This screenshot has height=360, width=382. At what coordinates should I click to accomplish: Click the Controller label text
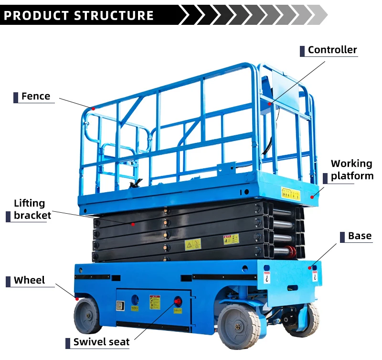coord(332,50)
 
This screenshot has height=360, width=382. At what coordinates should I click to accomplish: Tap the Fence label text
coord(36,96)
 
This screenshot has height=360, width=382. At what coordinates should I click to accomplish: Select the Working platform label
coord(351,170)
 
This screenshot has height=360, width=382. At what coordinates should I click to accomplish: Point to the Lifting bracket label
coord(32,209)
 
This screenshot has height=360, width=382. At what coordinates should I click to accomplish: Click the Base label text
coord(360,236)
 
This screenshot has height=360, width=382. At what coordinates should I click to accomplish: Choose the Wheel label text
coord(29,280)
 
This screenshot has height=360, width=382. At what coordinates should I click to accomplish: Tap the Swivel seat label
coord(101,342)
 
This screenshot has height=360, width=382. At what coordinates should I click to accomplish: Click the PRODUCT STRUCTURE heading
coord(79,15)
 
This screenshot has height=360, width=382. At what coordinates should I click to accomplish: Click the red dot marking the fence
coord(94,109)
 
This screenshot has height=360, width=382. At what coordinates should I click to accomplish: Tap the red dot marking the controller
coord(270,103)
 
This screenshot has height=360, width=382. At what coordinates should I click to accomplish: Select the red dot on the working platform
coord(312,196)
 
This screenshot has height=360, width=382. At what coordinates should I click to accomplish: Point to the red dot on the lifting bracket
coord(134,223)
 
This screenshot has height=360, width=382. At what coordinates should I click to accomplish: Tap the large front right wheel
coord(239,326)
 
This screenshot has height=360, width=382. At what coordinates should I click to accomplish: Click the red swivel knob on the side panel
coord(178,301)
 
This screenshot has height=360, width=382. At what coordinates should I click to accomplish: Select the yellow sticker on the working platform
coord(290,194)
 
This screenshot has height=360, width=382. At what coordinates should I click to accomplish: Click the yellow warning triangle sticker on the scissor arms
coord(192,244)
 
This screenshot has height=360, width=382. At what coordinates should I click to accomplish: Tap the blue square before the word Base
coord(342,236)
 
